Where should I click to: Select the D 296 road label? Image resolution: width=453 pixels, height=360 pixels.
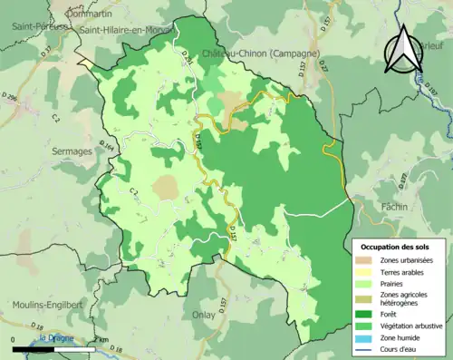(x=10, y=94)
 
